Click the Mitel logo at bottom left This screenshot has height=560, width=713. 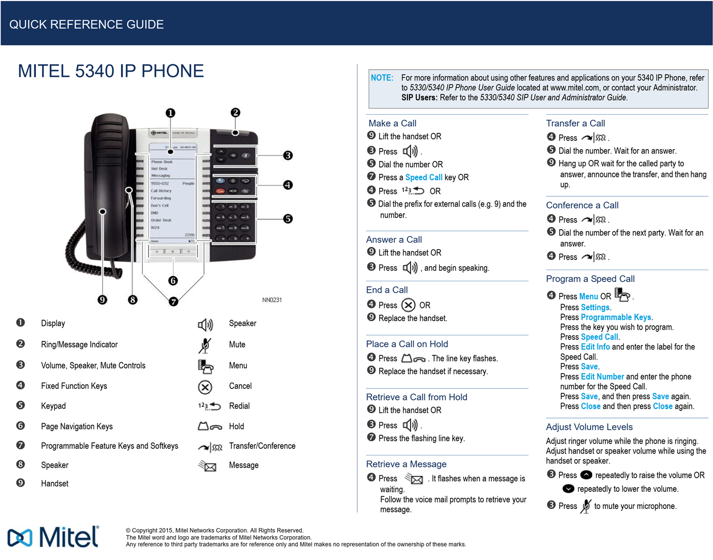pyautogui.click(x=54, y=537)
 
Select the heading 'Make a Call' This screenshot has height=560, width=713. pyautogui.click(x=392, y=123)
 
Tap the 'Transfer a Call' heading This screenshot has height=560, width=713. pyautogui.click(x=575, y=123)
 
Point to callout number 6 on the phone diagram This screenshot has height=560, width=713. pyautogui.click(x=173, y=281)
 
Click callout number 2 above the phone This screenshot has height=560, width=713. pyautogui.click(x=235, y=113)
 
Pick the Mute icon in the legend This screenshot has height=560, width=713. pyautogui.click(x=205, y=345)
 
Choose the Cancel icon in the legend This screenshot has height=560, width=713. pyautogui.click(x=205, y=387)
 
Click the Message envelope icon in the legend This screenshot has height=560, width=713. pyautogui.click(x=208, y=466)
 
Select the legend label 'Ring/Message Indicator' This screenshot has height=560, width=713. pyautogui.click(x=79, y=344)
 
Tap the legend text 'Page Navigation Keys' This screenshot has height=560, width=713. pyautogui.click(x=77, y=426)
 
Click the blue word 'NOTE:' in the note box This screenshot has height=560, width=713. pyautogui.click(x=382, y=78)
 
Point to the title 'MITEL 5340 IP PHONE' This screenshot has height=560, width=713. pyautogui.click(x=111, y=71)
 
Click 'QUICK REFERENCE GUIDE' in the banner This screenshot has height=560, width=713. pyautogui.click(x=86, y=24)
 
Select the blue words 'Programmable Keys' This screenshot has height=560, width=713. pyautogui.click(x=616, y=317)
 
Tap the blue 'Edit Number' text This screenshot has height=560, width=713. pyautogui.click(x=602, y=377)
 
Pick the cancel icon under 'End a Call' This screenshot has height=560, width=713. pyautogui.click(x=408, y=305)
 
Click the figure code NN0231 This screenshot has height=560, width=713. pyautogui.click(x=272, y=300)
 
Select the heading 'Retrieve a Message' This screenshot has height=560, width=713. pyautogui.click(x=406, y=464)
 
